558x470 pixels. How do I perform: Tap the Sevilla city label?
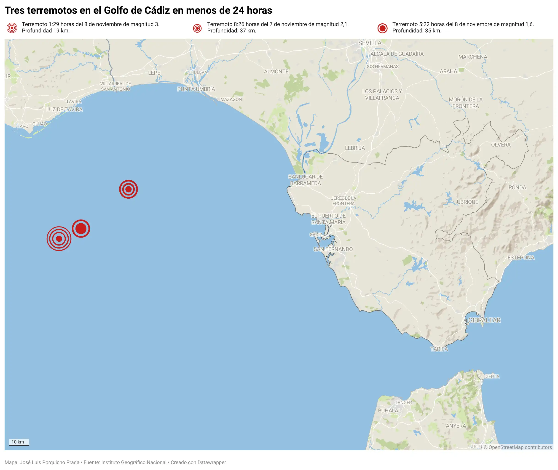point(370,43)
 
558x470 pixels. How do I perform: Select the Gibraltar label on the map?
point(484,320)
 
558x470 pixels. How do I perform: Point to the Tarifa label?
point(439,349)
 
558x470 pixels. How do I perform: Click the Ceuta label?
point(492,377)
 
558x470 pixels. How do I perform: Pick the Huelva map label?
point(199,72)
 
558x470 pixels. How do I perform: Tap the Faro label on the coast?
point(23,126)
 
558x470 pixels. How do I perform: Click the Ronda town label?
point(517,188)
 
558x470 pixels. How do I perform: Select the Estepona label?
point(521,258)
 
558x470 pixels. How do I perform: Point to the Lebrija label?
point(355,148)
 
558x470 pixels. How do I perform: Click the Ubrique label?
point(467,202)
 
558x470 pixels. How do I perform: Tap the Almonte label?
point(276,71)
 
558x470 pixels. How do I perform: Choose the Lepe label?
point(154,73)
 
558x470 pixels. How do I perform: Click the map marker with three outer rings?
point(59,239)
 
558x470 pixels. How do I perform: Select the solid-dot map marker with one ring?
point(81,229)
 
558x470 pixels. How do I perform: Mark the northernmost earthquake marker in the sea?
point(129,190)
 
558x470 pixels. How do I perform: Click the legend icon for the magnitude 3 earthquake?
point(12,28)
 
